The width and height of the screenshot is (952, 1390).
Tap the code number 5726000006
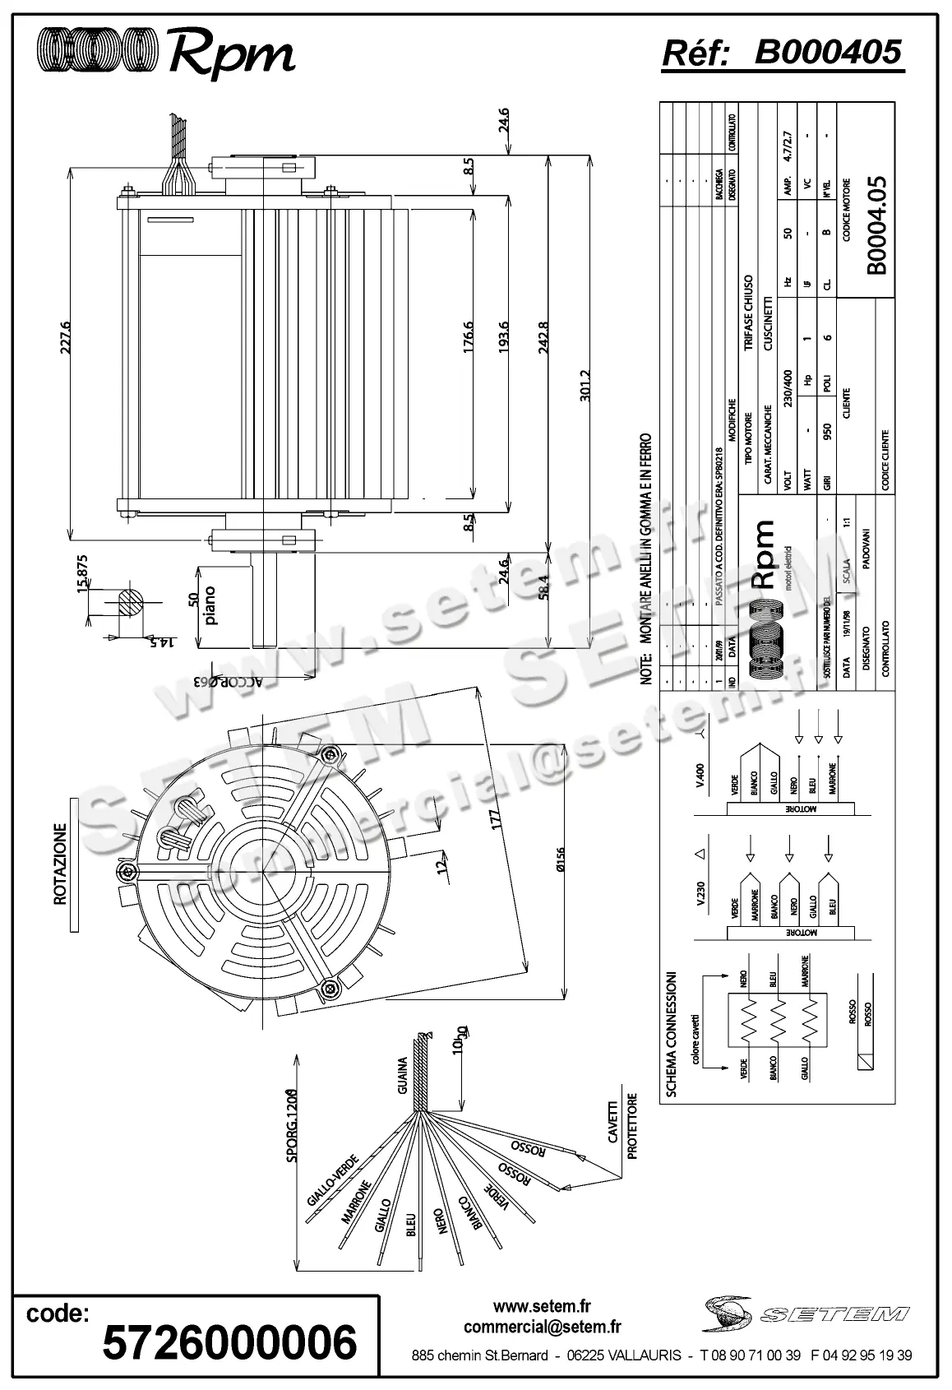tap(229, 1342)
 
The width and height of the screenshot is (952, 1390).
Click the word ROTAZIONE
tap(60, 864)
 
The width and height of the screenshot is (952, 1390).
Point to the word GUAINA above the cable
tap(403, 1076)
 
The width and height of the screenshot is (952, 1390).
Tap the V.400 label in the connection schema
tap(700, 776)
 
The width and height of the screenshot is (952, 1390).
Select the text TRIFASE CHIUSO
tap(748, 313)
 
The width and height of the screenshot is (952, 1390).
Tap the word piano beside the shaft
tap(211, 605)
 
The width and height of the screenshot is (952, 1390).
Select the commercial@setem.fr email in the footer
tap(542, 1327)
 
